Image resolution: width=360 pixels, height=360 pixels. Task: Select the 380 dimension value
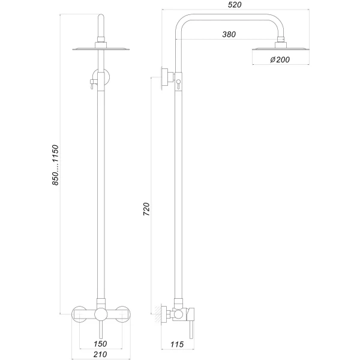coord(229,35)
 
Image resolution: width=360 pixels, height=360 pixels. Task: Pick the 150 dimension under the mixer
coord(100,344)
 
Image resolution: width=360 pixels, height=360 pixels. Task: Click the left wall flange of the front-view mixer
coord(77,313)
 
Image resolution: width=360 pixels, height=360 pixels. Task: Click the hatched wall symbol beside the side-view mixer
coord(161,313)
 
